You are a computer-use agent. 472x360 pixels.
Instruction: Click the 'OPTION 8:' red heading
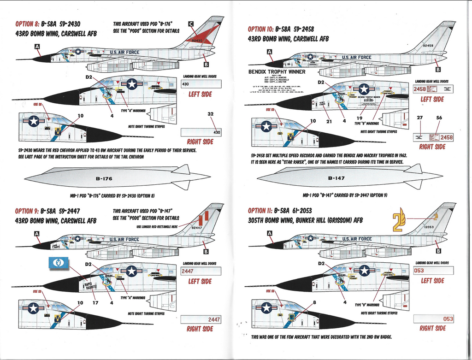[x=27, y=24]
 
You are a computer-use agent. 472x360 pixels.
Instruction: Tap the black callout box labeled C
[x=191, y=24]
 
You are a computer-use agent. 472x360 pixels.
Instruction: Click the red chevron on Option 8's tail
[x=201, y=35]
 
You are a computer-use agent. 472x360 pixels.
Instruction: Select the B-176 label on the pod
[x=104, y=178]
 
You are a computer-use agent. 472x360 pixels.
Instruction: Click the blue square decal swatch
[x=59, y=263]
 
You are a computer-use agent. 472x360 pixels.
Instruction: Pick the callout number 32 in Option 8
[x=211, y=114]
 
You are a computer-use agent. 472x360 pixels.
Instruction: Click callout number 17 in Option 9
[x=95, y=303]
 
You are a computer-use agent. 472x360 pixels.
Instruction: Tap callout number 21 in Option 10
[x=329, y=121]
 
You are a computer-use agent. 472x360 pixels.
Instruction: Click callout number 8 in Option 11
[x=314, y=302]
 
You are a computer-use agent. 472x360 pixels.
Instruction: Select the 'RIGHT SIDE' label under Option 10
[x=432, y=147]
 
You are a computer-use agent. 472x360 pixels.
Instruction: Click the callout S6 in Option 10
[x=439, y=118]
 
